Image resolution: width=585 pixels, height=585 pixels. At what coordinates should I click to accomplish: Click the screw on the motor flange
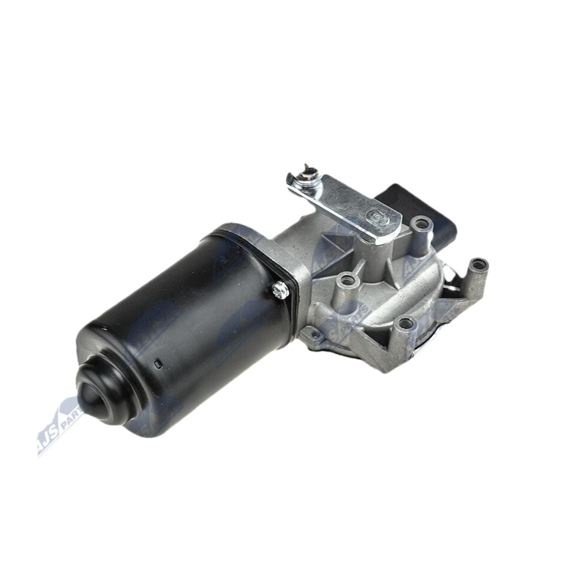tap(279, 290)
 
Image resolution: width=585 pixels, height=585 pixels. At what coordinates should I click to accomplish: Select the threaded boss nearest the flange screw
tap(347, 280)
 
